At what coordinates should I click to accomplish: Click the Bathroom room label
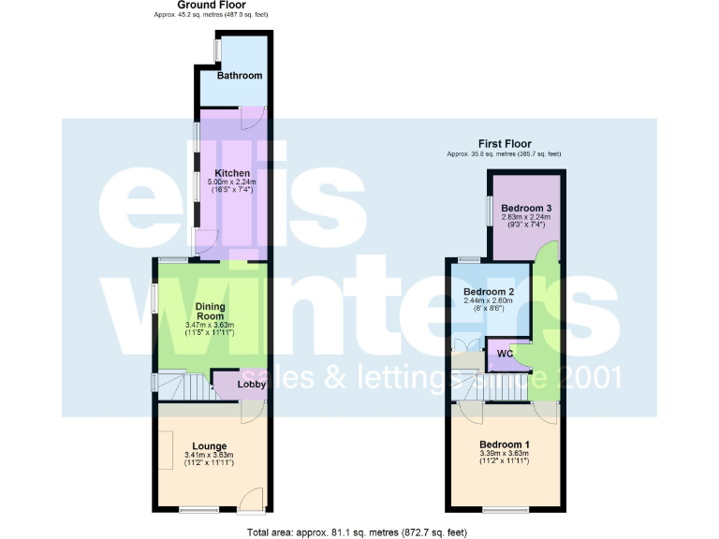click(240, 76)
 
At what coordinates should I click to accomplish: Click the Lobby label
click(250, 384)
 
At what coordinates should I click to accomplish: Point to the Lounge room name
click(210, 445)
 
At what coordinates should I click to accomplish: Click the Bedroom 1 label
click(504, 444)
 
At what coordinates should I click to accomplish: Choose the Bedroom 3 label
click(524, 208)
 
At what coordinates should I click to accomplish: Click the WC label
click(504, 354)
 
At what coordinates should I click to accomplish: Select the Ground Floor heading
click(212, 5)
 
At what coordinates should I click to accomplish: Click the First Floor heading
click(505, 142)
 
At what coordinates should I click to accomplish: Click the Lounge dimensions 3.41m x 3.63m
click(210, 457)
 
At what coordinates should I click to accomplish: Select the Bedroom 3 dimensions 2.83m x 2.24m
click(524, 217)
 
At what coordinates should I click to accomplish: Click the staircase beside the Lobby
click(183, 384)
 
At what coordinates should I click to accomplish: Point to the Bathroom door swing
click(253, 118)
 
